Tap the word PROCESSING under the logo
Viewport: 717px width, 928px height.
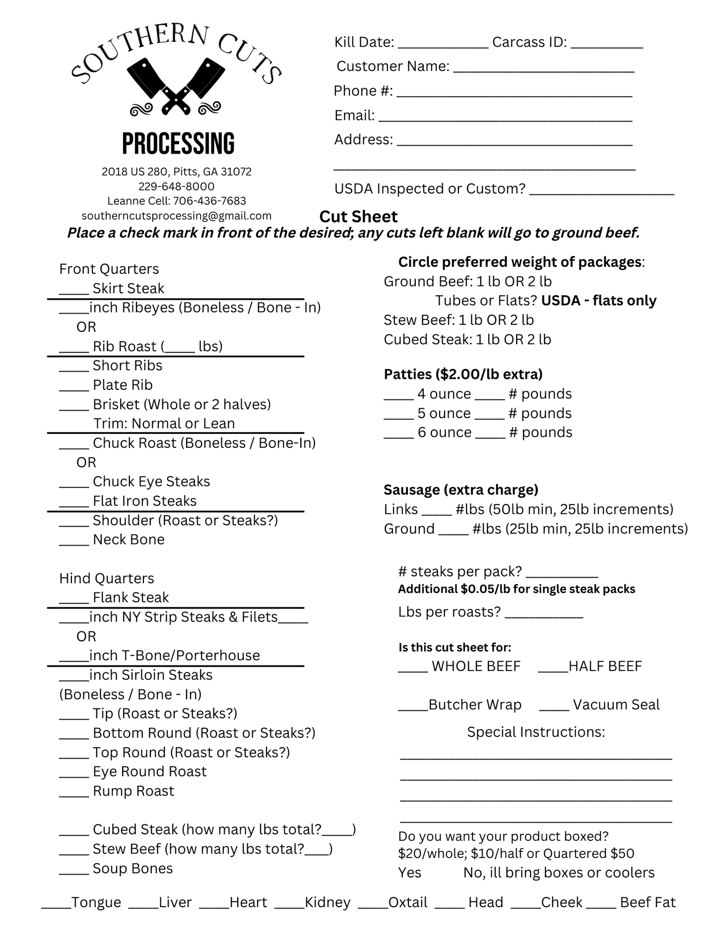178,144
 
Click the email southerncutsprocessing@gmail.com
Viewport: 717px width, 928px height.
177,216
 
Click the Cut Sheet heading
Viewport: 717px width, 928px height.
358,217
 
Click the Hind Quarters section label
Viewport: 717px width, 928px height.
107,578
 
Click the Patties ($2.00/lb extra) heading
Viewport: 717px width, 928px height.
463,374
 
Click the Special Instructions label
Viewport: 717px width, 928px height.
536,732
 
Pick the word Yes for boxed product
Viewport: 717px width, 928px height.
410,873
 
